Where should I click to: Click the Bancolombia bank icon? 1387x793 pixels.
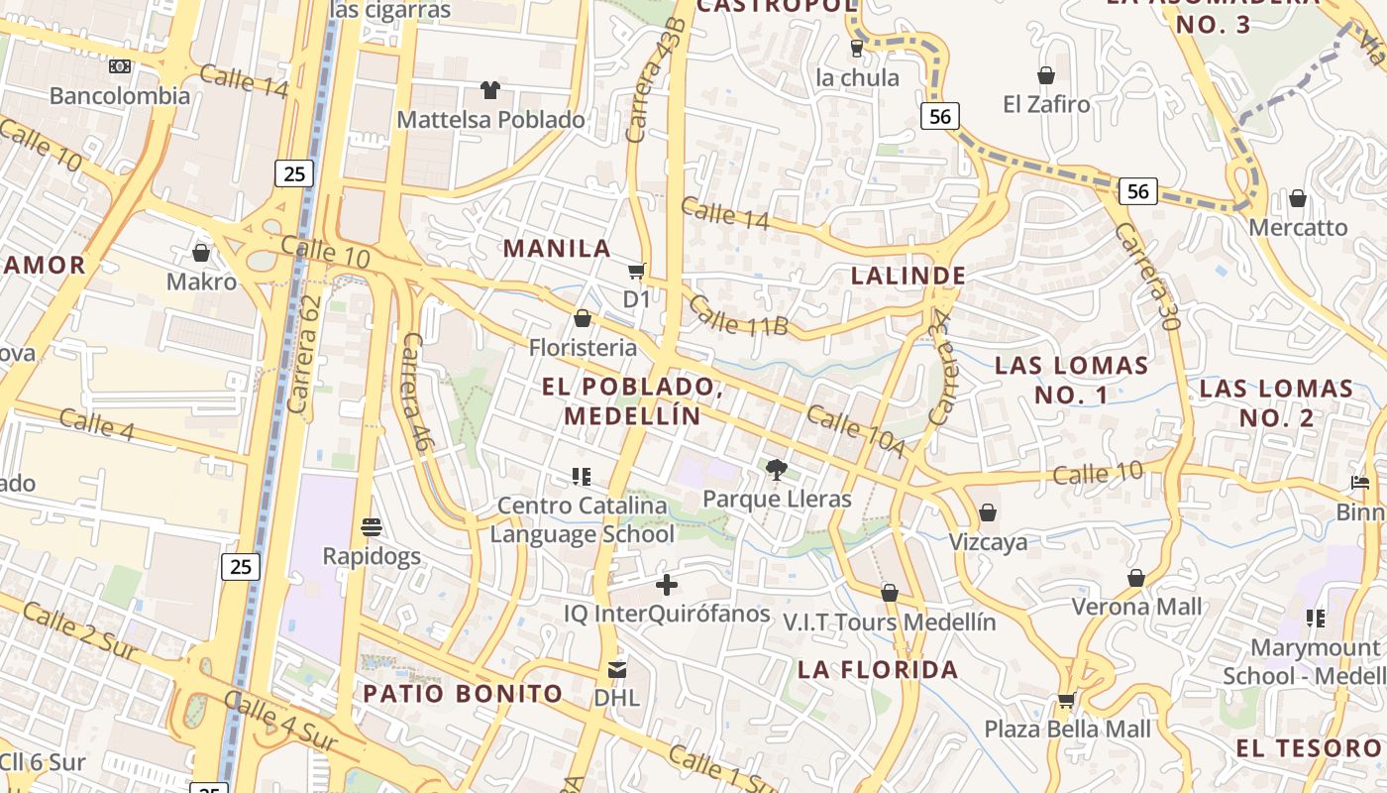click(x=120, y=66)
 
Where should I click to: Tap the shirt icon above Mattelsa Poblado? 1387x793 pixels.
click(x=490, y=90)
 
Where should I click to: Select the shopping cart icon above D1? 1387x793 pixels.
click(x=637, y=271)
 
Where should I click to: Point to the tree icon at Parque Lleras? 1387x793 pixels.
click(x=777, y=469)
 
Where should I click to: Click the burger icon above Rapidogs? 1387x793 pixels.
click(x=373, y=526)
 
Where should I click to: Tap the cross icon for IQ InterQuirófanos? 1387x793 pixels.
click(x=667, y=585)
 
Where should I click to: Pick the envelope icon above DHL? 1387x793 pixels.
click(x=617, y=670)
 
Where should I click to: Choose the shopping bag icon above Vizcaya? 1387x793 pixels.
click(x=988, y=512)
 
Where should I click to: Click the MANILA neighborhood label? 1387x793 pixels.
click(x=558, y=248)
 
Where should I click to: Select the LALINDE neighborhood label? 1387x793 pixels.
click(x=908, y=276)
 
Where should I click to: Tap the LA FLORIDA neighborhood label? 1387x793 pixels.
click(x=878, y=669)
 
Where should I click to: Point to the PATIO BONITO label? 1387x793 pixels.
click(x=463, y=693)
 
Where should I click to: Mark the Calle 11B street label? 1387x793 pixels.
click(x=739, y=315)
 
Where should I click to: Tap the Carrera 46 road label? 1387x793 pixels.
click(x=415, y=393)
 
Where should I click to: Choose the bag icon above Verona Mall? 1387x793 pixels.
click(x=1136, y=578)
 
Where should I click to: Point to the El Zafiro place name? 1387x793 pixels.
click(x=1046, y=104)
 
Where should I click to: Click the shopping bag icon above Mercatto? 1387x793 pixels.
click(x=1298, y=199)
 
